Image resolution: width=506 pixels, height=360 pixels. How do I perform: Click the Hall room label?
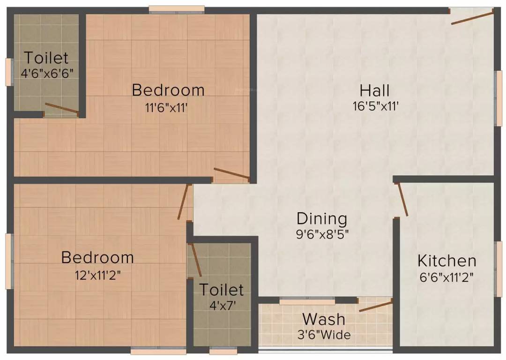375,90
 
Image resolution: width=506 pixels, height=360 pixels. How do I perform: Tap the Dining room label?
322,218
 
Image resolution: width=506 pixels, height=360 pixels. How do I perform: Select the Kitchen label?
446,261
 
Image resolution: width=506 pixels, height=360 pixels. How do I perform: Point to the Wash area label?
324,319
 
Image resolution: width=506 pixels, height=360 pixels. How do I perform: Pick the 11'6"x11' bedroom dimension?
166,107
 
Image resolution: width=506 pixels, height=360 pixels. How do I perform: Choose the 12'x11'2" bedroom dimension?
97,275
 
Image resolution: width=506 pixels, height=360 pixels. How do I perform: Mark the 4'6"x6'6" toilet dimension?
46,74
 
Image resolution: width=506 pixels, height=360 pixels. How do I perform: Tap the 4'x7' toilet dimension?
223,305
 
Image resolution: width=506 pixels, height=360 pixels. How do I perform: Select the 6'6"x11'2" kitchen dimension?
446,277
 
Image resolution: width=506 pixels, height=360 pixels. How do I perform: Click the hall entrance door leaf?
472,17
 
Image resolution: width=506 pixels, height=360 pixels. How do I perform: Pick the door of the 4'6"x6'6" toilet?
61,108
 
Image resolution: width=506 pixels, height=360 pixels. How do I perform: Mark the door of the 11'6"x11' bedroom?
231,173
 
